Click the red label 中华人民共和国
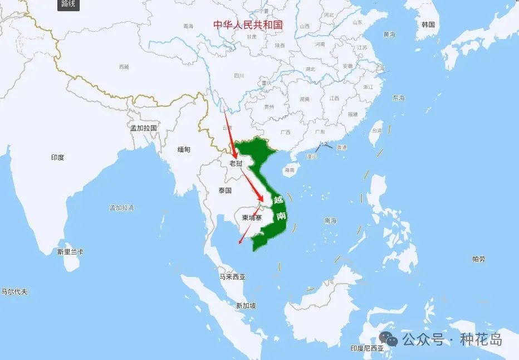coord(248,25)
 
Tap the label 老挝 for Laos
coord(236,163)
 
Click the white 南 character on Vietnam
coord(281,216)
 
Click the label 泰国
coord(225,191)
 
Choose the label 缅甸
coord(184,150)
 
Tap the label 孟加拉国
coord(143,128)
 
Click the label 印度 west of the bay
coord(57,158)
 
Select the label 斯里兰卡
coord(70,252)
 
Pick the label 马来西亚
coord(232,276)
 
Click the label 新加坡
coord(246,305)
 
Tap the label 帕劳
coord(478,259)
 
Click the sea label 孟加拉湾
coord(121,208)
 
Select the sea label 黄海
coord(389,35)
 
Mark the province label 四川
coord(239,75)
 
